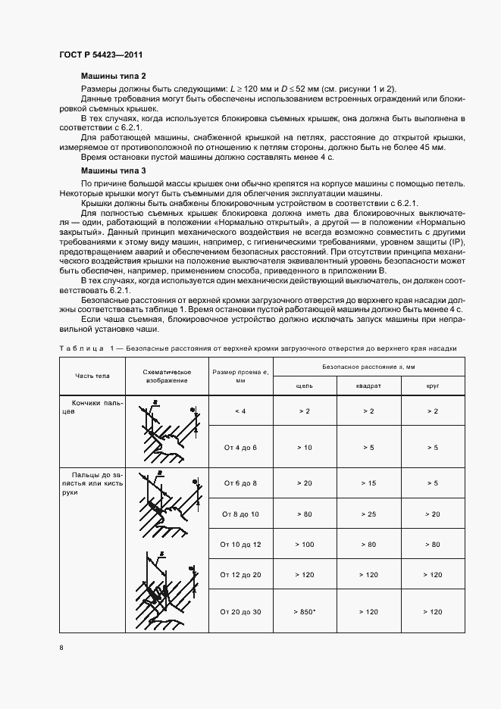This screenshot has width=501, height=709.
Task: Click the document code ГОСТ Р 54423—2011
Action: tap(100, 55)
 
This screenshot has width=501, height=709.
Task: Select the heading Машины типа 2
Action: tap(113, 77)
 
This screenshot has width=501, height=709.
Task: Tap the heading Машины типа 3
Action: tap(113, 172)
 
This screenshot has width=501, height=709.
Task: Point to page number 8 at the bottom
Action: tap(61, 647)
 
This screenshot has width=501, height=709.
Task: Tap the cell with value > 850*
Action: tap(304, 611)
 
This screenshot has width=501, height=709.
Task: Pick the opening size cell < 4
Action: tap(240, 411)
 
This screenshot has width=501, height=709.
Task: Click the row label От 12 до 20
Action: tap(240, 575)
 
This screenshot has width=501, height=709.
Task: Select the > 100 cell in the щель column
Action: tap(303, 544)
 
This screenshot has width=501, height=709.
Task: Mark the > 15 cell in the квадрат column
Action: tap(368, 482)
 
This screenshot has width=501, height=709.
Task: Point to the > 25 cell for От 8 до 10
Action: tap(368, 514)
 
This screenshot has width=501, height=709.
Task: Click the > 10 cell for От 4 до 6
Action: tap(303, 448)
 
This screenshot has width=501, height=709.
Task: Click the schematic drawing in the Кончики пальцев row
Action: tap(166, 430)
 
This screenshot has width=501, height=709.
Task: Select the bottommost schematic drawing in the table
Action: tap(166, 587)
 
